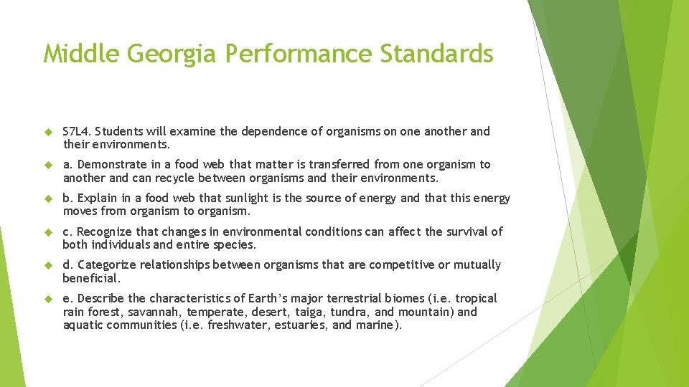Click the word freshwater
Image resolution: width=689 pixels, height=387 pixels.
[230, 325]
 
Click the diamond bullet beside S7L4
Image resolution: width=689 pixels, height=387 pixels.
[50, 132]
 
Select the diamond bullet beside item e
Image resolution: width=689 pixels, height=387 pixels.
[50, 298]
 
